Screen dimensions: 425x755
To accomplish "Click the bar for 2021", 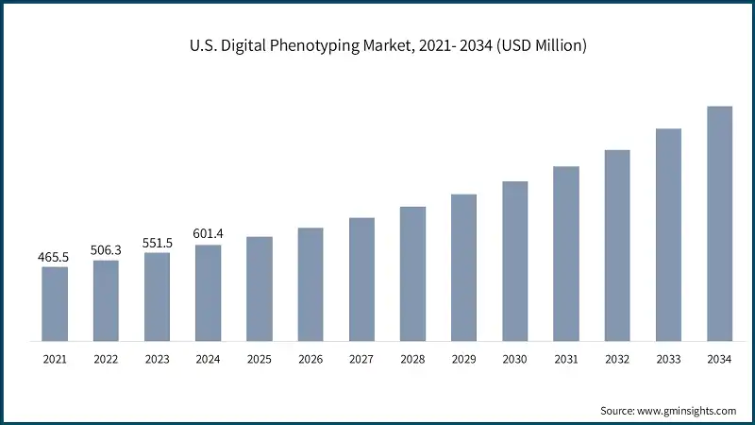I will pyautogui.click(x=55, y=303).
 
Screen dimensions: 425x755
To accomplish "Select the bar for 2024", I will pyautogui.click(x=209, y=292).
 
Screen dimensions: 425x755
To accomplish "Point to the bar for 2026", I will pyautogui.click(x=310, y=283).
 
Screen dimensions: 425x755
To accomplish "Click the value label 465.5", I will pyautogui.click(x=55, y=257).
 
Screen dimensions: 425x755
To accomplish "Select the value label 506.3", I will pyautogui.click(x=106, y=250).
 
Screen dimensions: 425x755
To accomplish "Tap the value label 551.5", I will pyautogui.click(x=157, y=243).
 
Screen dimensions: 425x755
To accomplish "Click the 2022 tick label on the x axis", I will pyautogui.click(x=106, y=360).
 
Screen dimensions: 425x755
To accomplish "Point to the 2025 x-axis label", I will pyautogui.click(x=260, y=360).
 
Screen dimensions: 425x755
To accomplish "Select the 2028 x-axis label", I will pyautogui.click(x=412, y=360).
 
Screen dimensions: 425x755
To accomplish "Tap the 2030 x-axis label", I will pyautogui.click(x=514, y=360).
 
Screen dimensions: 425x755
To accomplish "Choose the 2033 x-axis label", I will pyautogui.click(x=668, y=360).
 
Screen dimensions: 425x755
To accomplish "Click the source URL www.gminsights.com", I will pyautogui.click(x=688, y=411).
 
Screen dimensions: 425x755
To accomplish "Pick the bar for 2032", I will pyautogui.click(x=617, y=245).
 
